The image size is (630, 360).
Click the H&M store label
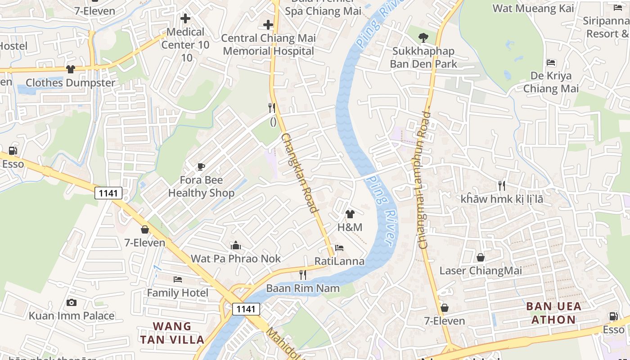pos(350,227)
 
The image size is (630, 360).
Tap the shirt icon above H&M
pos(350,214)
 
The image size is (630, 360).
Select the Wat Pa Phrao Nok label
pos(236,258)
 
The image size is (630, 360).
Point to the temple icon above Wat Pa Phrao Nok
pos(236,246)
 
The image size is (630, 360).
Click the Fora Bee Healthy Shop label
pos(201,187)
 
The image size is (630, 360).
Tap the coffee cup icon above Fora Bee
pos(201,167)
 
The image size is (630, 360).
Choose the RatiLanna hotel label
pos(339,261)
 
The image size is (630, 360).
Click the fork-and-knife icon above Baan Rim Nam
pos(303,274)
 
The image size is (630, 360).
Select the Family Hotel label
pos(178,293)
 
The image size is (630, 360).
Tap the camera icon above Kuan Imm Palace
pos(71,302)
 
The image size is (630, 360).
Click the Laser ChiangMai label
pos(481,270)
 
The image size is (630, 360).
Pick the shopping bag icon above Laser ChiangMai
pos(481,257)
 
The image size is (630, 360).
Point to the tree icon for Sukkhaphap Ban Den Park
pos(423,38)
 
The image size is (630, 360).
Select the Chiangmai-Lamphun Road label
pos(424,180)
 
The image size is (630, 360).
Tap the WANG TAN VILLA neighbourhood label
pos(172,333)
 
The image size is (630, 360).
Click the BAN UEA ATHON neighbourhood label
pos(553,313)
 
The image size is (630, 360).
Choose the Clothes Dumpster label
pos(71,83)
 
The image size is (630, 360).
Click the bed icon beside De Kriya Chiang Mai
pos(551,63)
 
